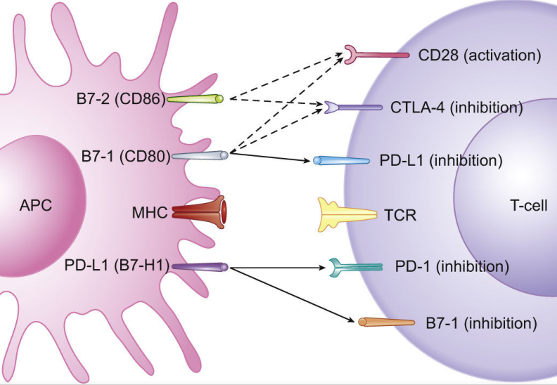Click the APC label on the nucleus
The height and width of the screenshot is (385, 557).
[x=36, y=205]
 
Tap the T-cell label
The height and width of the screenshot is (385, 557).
[x=529, y=205]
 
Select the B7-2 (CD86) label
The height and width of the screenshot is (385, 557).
[x=121, y=98]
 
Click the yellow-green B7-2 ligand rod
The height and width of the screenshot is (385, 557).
[x=195, y=98]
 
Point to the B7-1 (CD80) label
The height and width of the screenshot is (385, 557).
[x=126, y=156]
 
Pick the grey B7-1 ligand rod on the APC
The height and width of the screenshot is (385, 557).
[x=200, y=155]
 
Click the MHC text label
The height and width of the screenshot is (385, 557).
[x=150, y=213]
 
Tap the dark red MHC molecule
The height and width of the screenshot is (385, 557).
[x=199, y=212]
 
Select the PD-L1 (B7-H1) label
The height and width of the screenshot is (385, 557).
[x=117, y=266]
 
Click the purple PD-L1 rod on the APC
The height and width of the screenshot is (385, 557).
[x=199, y=267]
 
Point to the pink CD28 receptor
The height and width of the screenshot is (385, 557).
[x=376, y=55]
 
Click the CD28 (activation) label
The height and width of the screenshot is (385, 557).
[x=480, y=56]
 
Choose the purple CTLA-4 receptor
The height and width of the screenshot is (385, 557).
[x=353, y=107]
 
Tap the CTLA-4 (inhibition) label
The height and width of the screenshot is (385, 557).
[x=456, y=107]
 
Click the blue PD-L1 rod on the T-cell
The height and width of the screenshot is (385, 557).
[x=341, y=160]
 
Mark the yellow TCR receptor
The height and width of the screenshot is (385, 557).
[x=347, y=214]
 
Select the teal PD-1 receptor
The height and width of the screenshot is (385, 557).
[x=355, y=267]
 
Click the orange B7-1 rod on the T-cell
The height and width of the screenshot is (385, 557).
[x=386, y=322]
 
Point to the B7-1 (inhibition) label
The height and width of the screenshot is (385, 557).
[x=481, y=324]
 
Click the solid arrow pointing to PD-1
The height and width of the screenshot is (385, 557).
[x=277, y=268]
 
